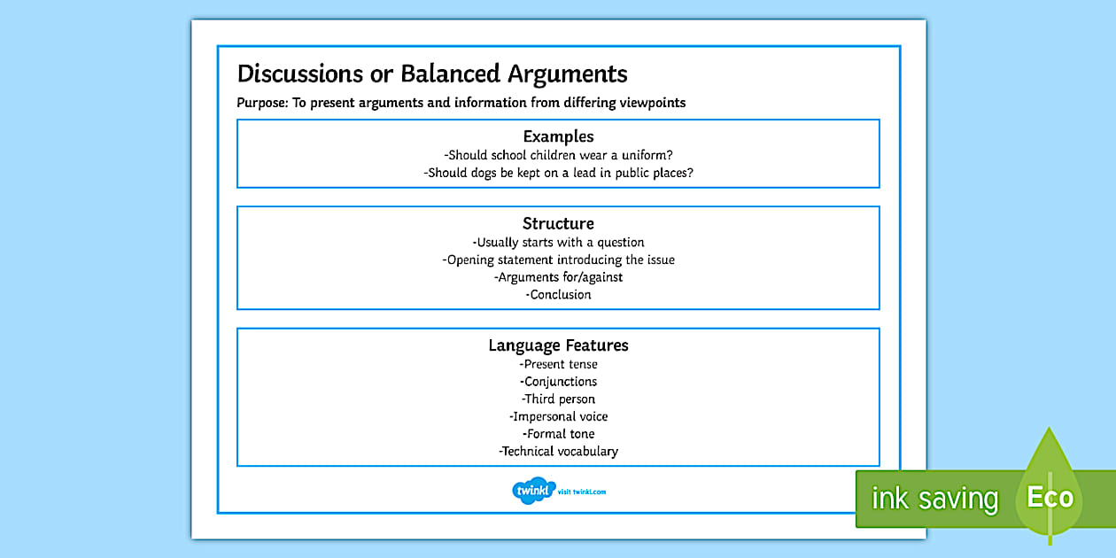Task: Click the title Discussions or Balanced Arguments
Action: (432, 74)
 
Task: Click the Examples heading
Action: (558, 136)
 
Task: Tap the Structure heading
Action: (558, 223)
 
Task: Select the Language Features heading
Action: (558, 345)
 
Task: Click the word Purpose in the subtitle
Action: (262, 103)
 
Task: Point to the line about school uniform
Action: (558, 155)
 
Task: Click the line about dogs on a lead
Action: (558, 173)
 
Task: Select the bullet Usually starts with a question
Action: (558, 242)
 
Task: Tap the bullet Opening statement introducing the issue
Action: (558, 260)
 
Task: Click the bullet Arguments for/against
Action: (558, 277)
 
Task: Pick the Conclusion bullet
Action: (558, 294)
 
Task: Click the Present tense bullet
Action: (558, 364)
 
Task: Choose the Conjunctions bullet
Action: (558, 382)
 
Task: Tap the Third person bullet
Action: (558, 399)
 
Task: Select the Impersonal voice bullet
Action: (558, 416)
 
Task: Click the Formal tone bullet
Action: (558, 434)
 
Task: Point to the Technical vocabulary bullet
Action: (558, 451)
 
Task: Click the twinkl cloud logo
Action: (533, 491)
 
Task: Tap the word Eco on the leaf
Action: (1050, 497)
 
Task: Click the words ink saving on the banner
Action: (934, 499)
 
